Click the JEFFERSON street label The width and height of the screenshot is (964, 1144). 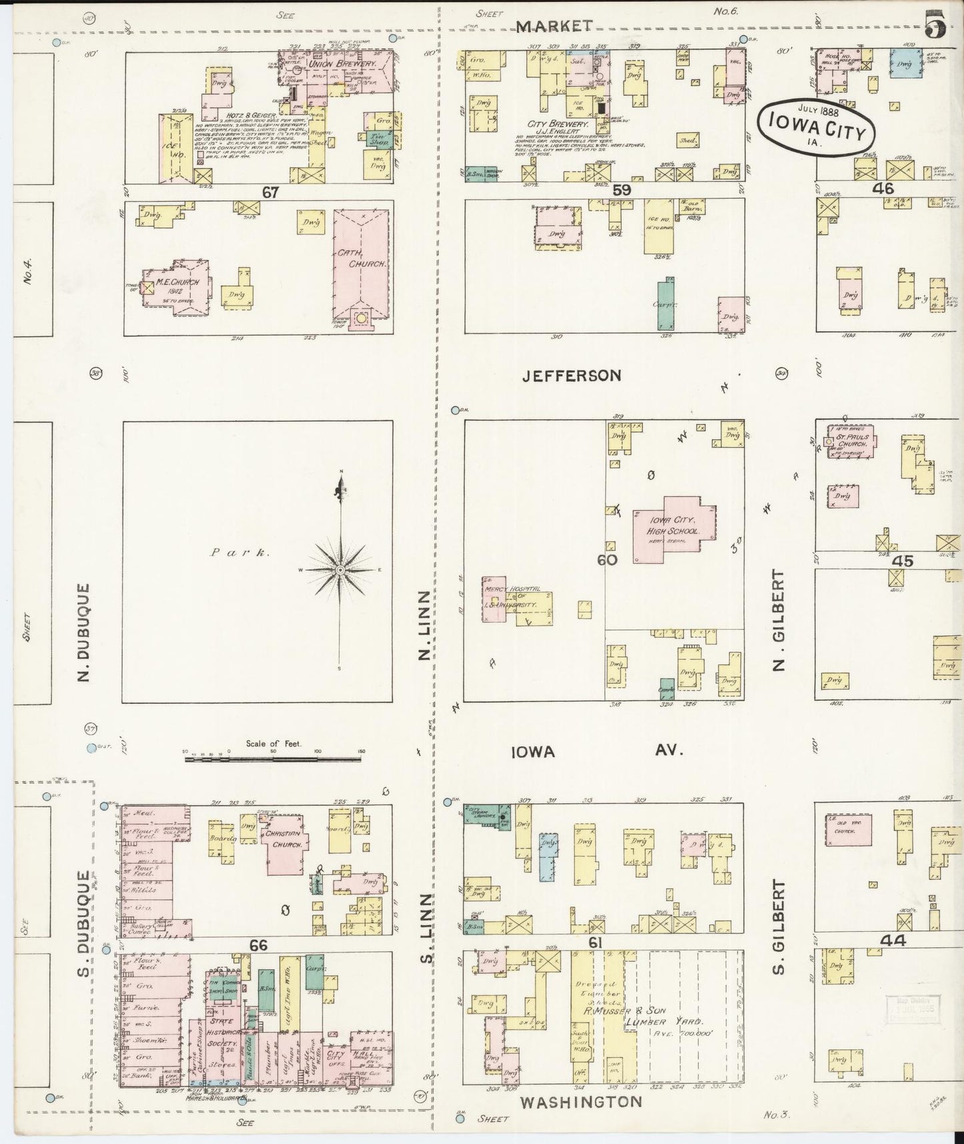[x=572, y=376]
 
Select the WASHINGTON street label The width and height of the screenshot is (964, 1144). [x=580, y=1102]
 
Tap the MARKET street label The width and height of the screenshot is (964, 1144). [x=554, y=25]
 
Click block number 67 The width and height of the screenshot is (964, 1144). [x=270, y=192]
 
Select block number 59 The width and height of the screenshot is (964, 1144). [x=621, y=190]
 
